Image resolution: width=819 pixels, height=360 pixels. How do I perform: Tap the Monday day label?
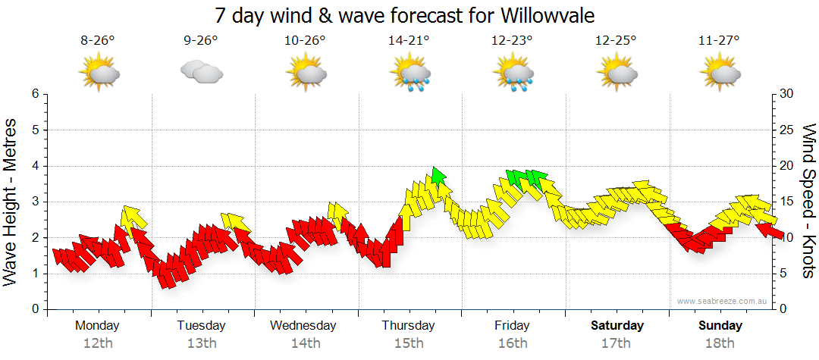(x=97, y=326)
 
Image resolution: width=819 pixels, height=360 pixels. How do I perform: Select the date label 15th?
(x=409, y=343)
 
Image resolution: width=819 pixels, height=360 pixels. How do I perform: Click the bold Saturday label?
(x=617, y=326)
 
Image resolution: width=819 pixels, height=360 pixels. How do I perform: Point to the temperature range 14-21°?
(x=409, y=41)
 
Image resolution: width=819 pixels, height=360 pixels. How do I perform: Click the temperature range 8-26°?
(x=97, y=41)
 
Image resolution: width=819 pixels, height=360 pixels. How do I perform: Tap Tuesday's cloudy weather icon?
(x=201, y=72)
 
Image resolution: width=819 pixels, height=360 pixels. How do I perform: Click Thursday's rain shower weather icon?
(x=410, y=74)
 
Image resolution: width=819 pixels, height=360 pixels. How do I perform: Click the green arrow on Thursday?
(x=437, y=176)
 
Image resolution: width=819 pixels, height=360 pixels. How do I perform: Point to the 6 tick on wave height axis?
(x=35, y=94)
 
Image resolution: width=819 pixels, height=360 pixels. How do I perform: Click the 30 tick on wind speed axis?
(x=787, y=94)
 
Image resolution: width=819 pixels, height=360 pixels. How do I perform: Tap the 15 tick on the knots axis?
(x=787, y=202)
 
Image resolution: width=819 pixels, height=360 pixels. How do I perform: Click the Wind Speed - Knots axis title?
(x=808, y=201)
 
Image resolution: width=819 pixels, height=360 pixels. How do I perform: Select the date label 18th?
(x=720, y=343)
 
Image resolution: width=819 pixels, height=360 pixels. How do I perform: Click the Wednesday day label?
(x=303, y=326)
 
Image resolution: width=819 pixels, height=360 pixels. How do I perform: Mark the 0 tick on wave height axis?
(x=35, y=310)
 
